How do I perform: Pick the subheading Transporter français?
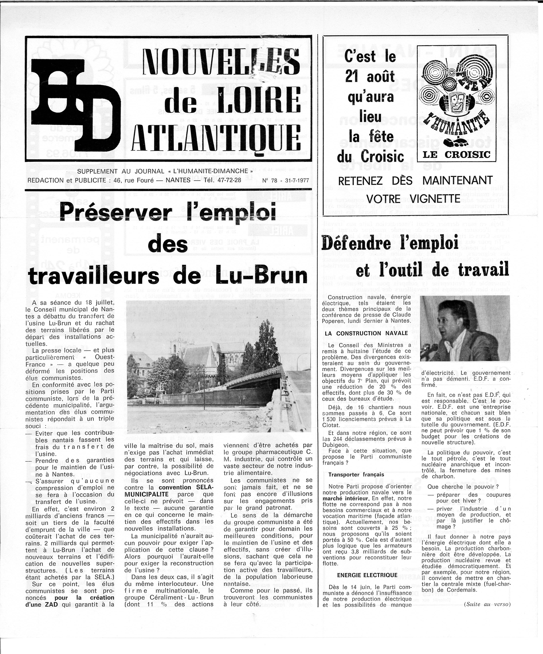(356, 475)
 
